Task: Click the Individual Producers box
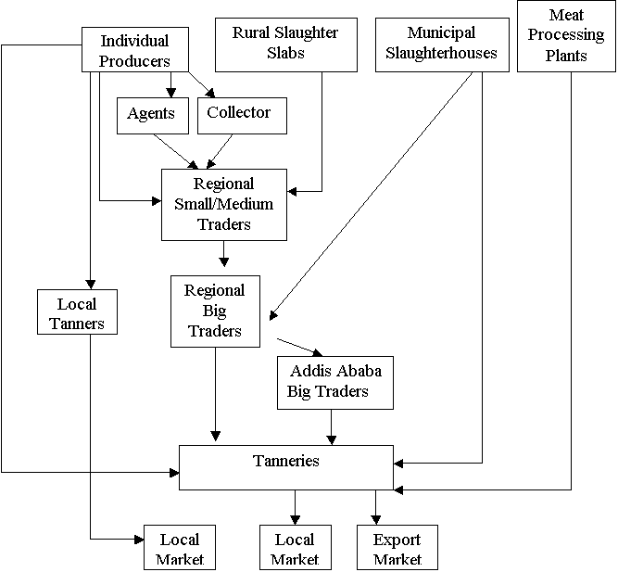coord(135,51)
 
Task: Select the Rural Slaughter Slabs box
coord(284,44)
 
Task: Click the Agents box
coord(152,114)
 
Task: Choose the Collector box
coord(240,114)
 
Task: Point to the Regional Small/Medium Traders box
coord(223,204)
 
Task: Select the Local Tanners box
coord(76,313)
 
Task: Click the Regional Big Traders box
coord(215,311)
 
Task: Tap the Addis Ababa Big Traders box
coord(334,382)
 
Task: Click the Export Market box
coord(397,548)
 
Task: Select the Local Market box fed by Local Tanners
coord(180,548)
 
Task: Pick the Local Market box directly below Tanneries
coord(295,548)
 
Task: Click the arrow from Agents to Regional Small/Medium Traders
coord(175,151)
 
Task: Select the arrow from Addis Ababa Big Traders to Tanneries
coord(331,426)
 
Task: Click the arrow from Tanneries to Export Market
coord(375,506)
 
